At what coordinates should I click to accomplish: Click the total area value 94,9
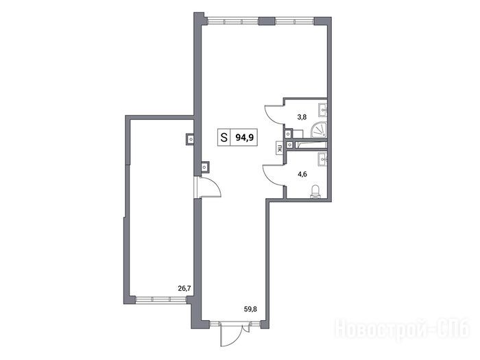[244, 138]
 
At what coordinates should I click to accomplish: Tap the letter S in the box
[224, 138]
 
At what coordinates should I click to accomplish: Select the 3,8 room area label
[302, 117]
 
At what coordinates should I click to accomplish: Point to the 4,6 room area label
[302, 174]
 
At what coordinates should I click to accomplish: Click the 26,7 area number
[184, 288]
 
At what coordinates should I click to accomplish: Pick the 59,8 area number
[250, 309]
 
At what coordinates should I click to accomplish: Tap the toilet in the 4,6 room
[315, 191]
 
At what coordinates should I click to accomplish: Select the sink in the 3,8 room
[323, 110]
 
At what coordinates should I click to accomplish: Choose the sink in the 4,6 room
[323, 158]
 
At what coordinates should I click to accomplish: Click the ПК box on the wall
[279, 149]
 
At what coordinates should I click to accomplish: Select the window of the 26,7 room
[161, 299]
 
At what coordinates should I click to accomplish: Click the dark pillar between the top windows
[267, 21]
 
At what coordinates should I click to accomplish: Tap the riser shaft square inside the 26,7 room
[191, 140]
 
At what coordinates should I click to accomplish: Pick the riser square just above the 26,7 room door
[204, 167]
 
